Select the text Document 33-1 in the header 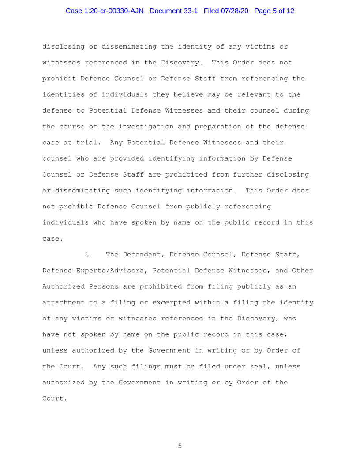pos(174,11)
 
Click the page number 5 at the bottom pos(180,446)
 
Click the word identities pos(61,94)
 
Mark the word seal pos(254,366)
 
